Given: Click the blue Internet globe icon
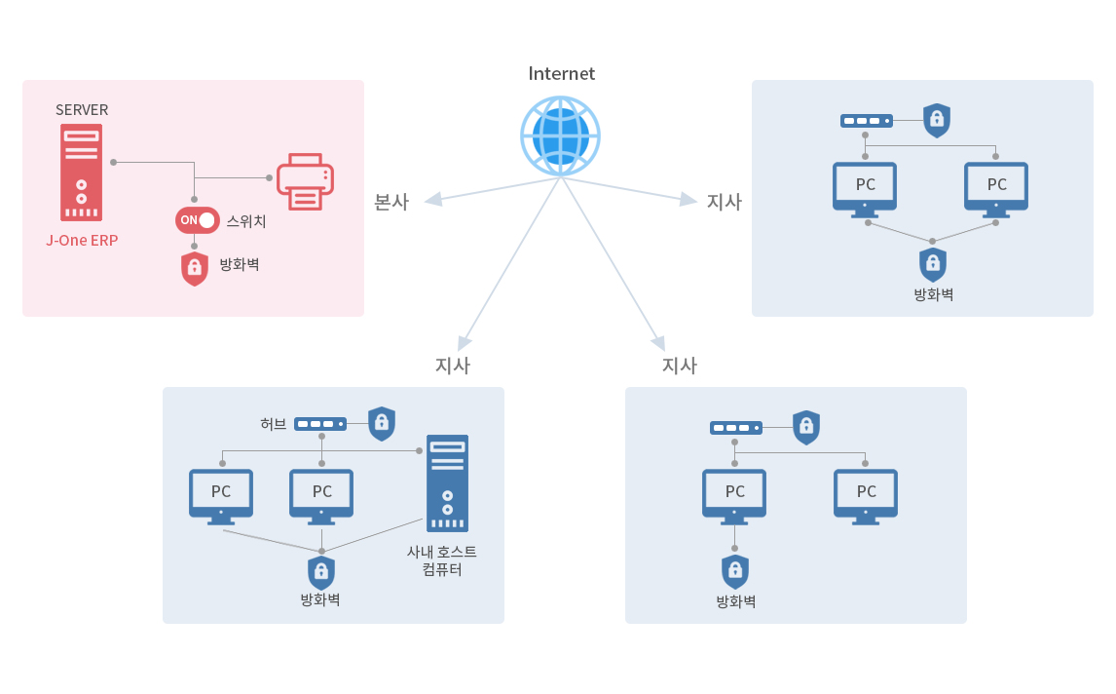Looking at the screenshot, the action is (560, 135).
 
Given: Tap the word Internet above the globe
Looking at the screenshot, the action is (562, 73).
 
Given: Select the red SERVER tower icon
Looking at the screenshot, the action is (81, 173).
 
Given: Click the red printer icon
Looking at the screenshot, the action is (306, 181).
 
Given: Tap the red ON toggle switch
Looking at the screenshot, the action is (197, 220).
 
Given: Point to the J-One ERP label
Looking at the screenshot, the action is (82, 241).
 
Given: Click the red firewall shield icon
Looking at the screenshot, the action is (195, 269).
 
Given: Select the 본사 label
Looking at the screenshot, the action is (391, 202).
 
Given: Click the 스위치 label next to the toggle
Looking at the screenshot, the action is (246, 221).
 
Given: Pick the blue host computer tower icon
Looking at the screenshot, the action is (447, 483).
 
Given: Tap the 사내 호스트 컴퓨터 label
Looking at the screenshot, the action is (442, 560).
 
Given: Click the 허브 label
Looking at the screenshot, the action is (274, 424).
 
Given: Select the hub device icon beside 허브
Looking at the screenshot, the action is (320, 424).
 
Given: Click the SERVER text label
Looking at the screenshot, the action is (82, 110).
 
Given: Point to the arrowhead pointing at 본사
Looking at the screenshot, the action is (433, 200).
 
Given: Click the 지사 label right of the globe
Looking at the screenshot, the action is (724, 202).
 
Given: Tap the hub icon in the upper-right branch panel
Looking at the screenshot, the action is (866, 121).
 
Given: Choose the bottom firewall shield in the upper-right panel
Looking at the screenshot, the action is (932, 265).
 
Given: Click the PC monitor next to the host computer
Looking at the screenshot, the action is (321, 497).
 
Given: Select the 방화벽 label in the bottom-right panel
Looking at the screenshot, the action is (736, 601).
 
